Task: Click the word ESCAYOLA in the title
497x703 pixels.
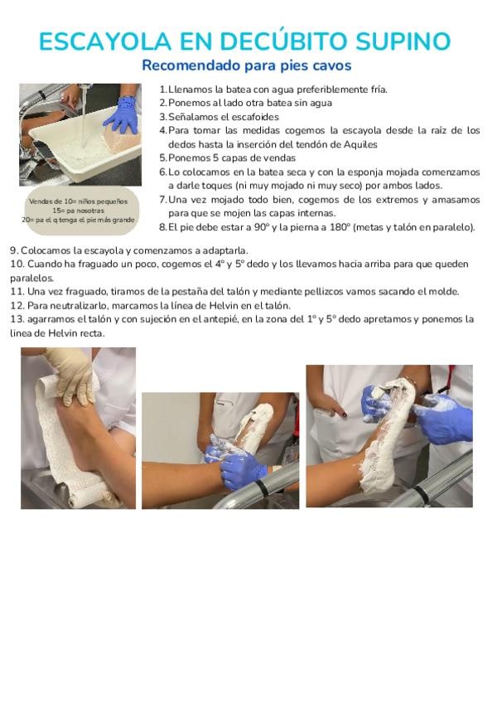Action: click(x=105, y=41)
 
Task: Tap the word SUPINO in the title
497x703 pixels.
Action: click(x=403, y=41)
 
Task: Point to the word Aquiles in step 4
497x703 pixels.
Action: click(x=360, y=144)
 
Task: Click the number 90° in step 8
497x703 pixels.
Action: click(x=261, y=227)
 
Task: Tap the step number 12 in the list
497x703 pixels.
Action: click(x=17, y=306)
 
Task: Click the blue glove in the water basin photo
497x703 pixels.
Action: click(x=122, y=114)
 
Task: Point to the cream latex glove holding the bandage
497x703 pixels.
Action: click(x=73, y=376)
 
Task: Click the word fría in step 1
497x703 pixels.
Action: click(x=379, y=90)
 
